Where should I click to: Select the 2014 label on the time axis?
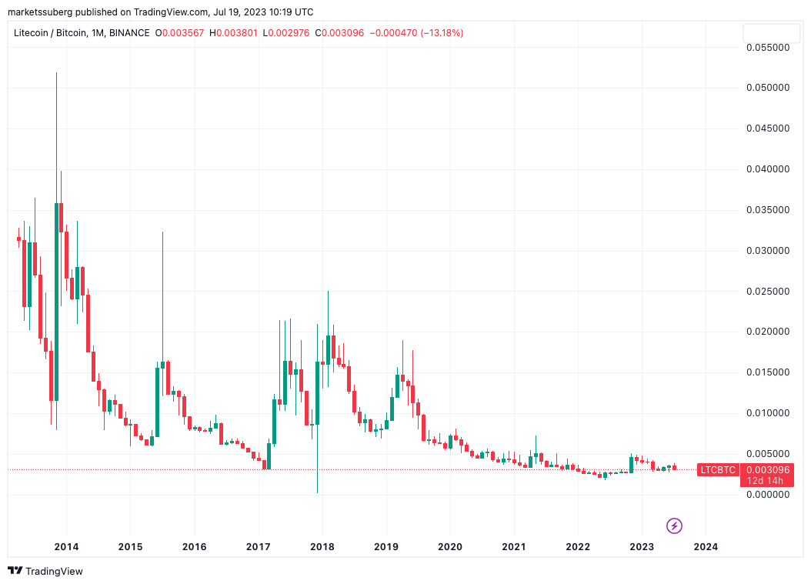pyautogui.click(x=66, y=547)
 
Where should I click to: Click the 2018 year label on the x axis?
pyautogui.click(x=322, y=547)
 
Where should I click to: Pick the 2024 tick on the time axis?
pyautogui.click(x=706, y=547)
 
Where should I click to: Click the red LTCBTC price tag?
pyautogui.click(x=717, y=469)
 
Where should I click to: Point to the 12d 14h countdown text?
pyautogui.click(x=766, y=481)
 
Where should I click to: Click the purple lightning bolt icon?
pyautogui.click(x=674, y=526)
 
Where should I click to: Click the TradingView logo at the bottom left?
pyautogui.click(x=45, y=571)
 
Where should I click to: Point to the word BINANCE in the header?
pyautogui.click(x=129, y=33)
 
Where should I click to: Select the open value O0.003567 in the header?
pyautogui.click(x=184, y=33)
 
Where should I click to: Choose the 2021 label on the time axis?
pyautogui.click(x=514, y=547)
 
